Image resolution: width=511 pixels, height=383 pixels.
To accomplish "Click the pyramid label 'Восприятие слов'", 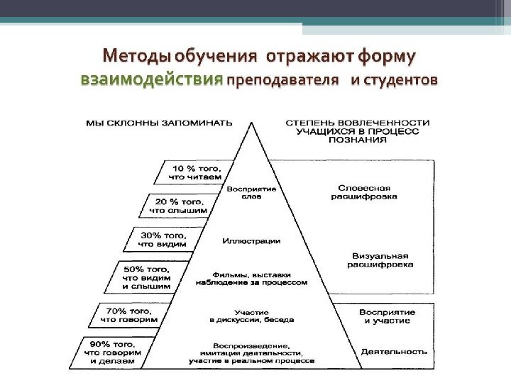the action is pos(246,193).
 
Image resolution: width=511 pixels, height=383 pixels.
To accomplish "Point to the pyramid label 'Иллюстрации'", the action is pos(251,241).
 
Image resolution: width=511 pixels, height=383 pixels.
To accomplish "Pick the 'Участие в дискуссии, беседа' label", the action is pos(251,316).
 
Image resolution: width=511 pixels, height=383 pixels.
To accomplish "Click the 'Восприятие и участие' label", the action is pos(388,316).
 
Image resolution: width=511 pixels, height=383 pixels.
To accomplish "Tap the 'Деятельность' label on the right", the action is pos(394,351).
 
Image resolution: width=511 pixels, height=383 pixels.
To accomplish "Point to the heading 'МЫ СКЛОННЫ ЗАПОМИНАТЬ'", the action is pos(158,123).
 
